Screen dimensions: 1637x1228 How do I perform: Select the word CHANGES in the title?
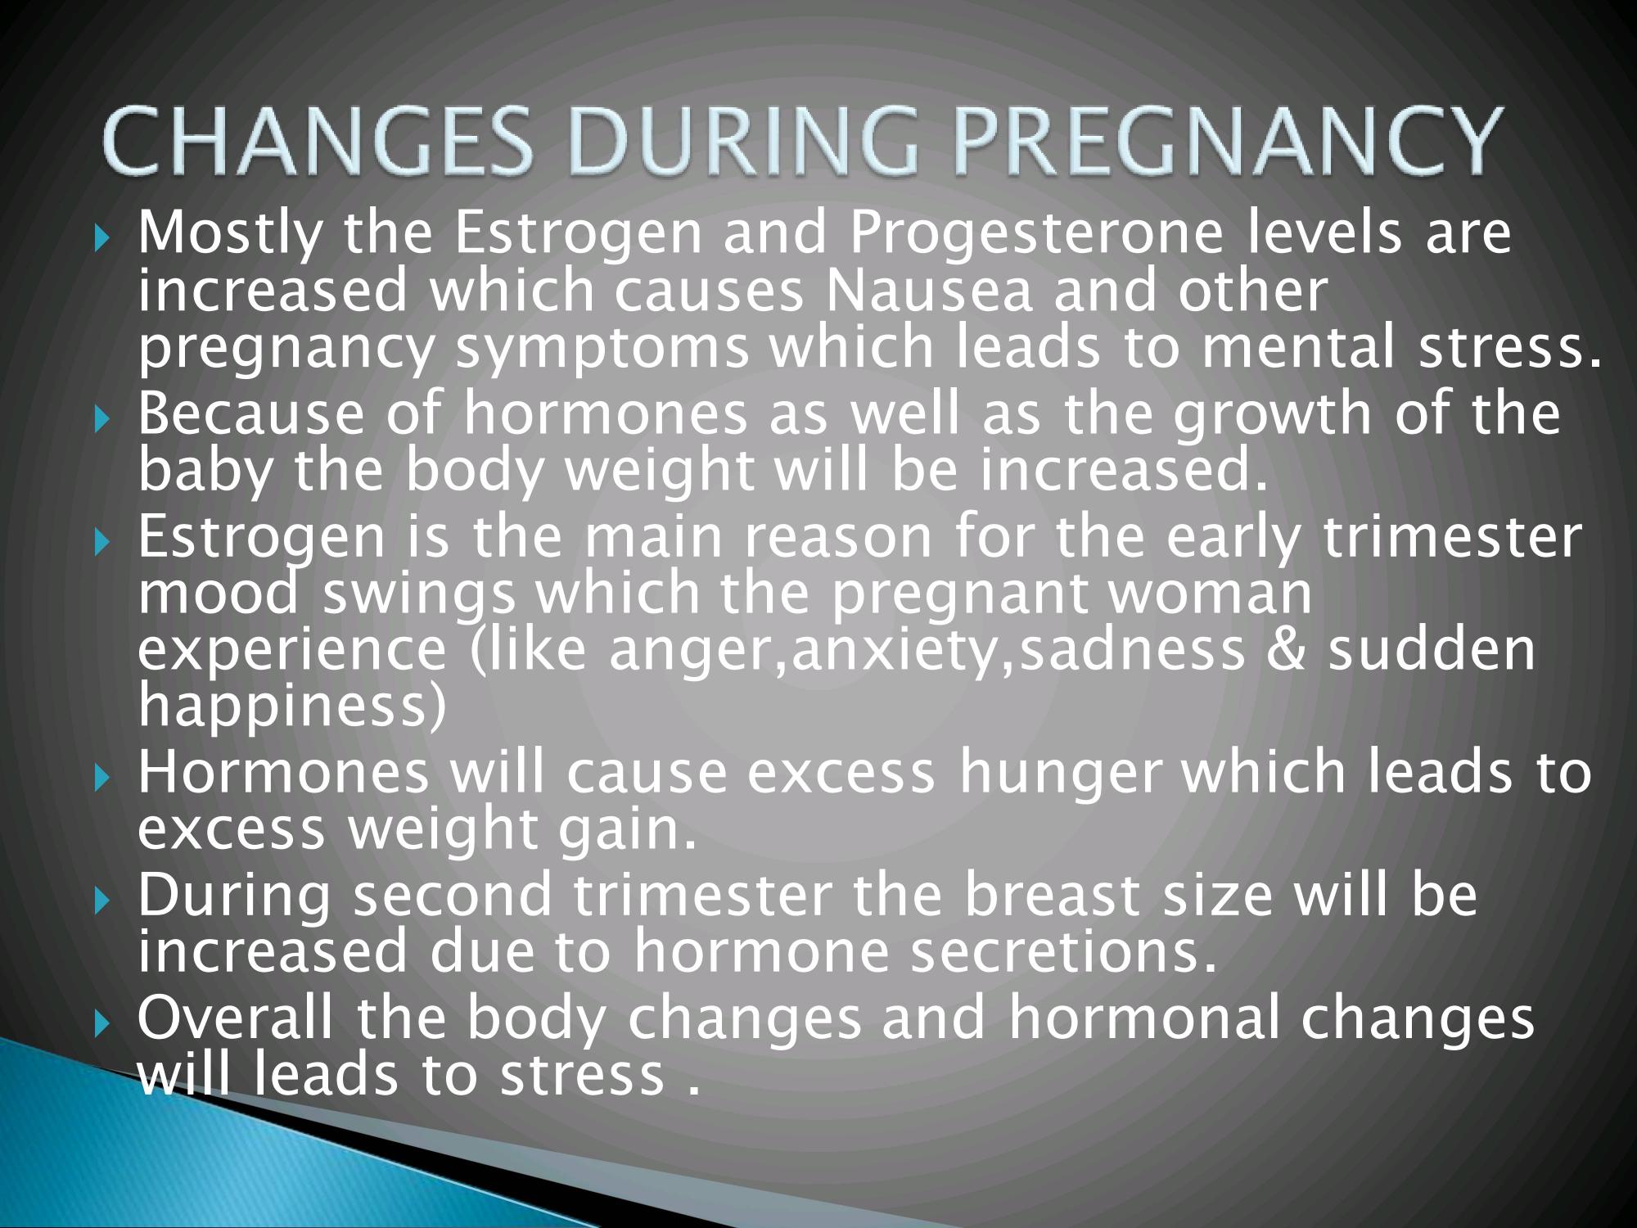tap(321, 142)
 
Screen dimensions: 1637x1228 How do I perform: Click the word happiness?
tap(282, 706)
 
